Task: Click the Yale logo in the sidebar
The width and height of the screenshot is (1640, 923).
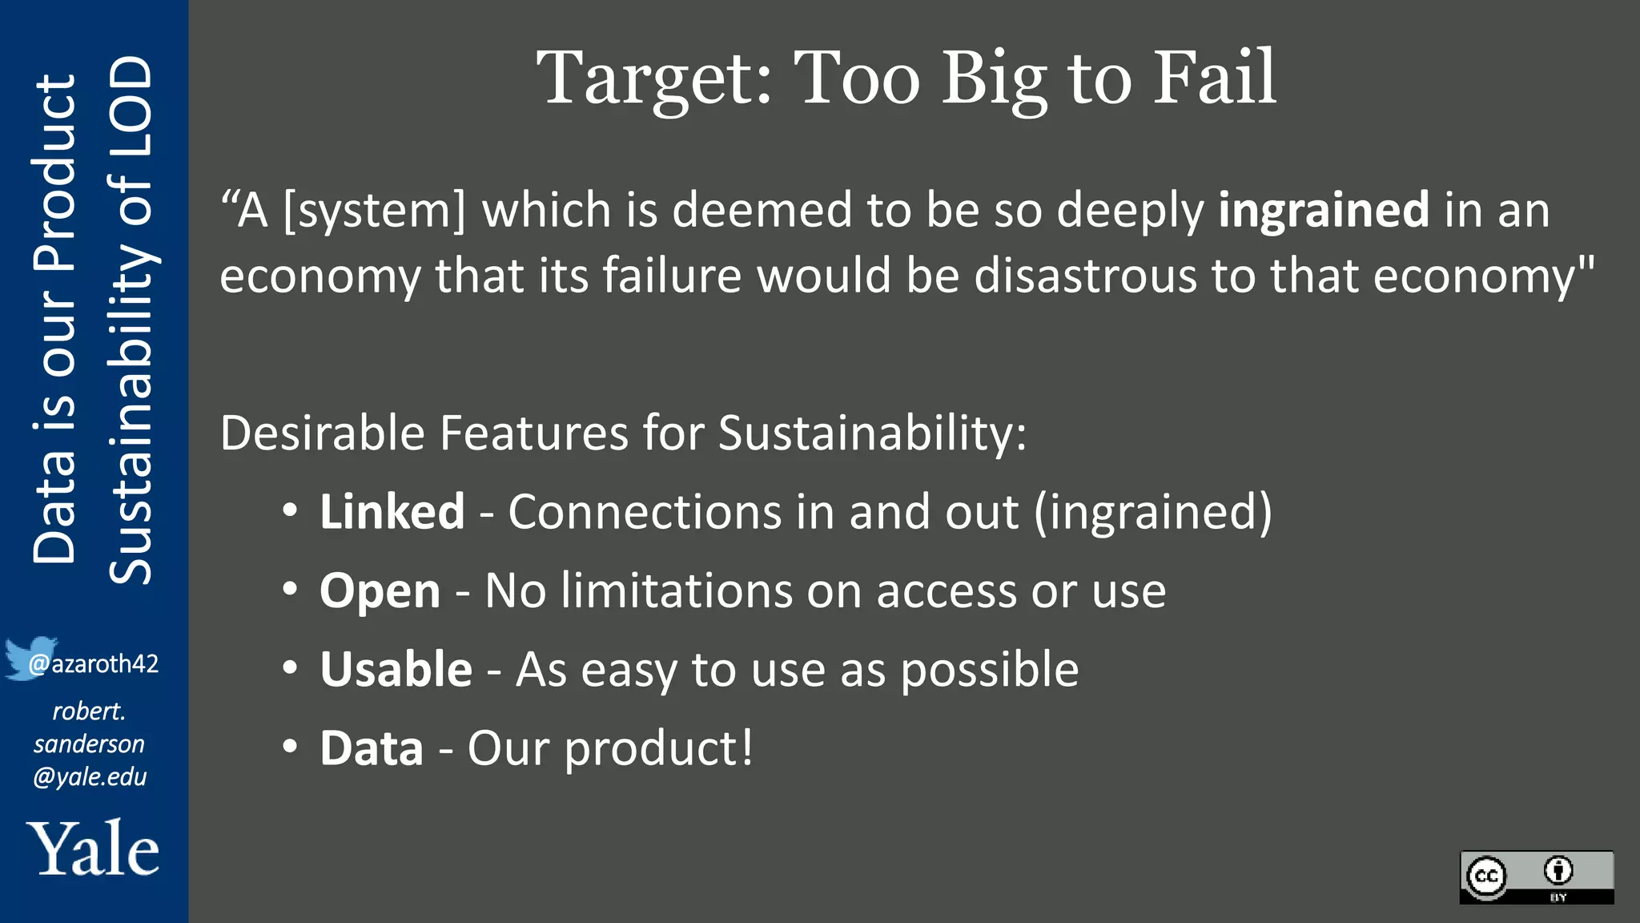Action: tap(93, 848)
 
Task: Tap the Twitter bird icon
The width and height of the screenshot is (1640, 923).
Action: tap(29, 658)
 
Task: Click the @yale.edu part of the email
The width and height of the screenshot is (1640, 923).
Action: tap(90, 776)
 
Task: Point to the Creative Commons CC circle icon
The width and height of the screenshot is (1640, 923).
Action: tap(1486, 876)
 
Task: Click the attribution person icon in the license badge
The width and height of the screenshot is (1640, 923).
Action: tap(1558, 870)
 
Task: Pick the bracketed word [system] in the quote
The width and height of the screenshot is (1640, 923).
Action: tap(375, 210)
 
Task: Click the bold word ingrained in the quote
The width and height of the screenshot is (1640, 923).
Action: tap(1323, 210)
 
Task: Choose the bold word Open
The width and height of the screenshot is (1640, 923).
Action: tap(380, 591)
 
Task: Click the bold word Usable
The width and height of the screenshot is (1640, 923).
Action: tap(396, 669)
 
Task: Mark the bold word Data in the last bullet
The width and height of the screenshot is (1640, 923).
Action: tap(371, 748)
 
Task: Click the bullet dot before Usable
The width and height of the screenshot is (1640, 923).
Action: tap(290, 667)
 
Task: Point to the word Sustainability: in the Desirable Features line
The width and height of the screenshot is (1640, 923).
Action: tap(871, 433)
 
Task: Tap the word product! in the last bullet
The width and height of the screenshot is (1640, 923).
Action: tap(658, 749)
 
